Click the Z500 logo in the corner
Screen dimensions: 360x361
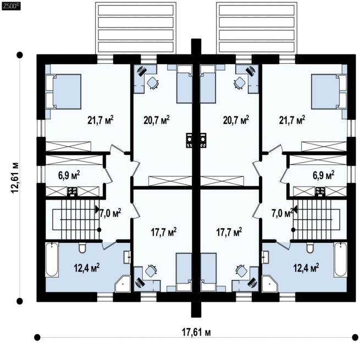[x=11, y=6]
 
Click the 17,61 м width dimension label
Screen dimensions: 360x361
[x=196, y=332]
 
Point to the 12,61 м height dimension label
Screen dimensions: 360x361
[x=14, y=178]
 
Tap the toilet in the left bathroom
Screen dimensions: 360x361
[x=82, y=247]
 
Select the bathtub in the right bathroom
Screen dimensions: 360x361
[x=341, y=259]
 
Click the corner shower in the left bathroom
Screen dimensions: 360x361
[x=123, y=284]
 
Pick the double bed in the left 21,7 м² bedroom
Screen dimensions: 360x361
[x=63, y=91]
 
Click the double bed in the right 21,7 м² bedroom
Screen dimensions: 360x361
[x=329, y=91]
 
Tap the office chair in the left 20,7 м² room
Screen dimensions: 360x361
[x=153, y=83]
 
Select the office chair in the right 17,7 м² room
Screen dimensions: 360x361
[x=241, y=271]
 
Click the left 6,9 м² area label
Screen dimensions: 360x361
[x=69, y=175]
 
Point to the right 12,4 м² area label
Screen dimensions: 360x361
[x=306, y=268]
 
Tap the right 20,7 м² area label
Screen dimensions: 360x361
[x=236, y=120]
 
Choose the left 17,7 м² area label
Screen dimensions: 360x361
[x=164, y=232]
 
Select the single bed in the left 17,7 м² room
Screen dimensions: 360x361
[x=184, y=273]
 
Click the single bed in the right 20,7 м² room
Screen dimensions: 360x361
[x=208, y=84]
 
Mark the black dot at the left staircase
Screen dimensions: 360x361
[x=99, y=230]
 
